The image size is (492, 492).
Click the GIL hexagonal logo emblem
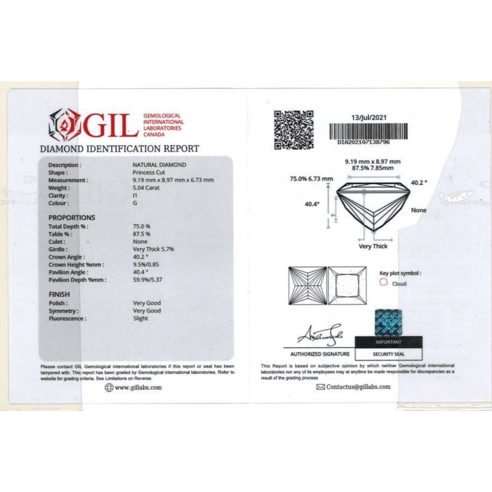(x=65, y=125)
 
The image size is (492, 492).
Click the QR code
(x=293, y=130)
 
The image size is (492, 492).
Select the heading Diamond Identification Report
(x=119, y=148)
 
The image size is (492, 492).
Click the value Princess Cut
(x=147, y=173)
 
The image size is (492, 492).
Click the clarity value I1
(x=136, y=196)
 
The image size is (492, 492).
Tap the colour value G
(x=135, y=203)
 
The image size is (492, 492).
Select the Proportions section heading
(x=72, y=218)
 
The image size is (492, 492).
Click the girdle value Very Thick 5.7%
(x=153, y=249)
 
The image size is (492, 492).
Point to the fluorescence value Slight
(x=140, y=319)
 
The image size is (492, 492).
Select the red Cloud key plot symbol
(x=383, y=284)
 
